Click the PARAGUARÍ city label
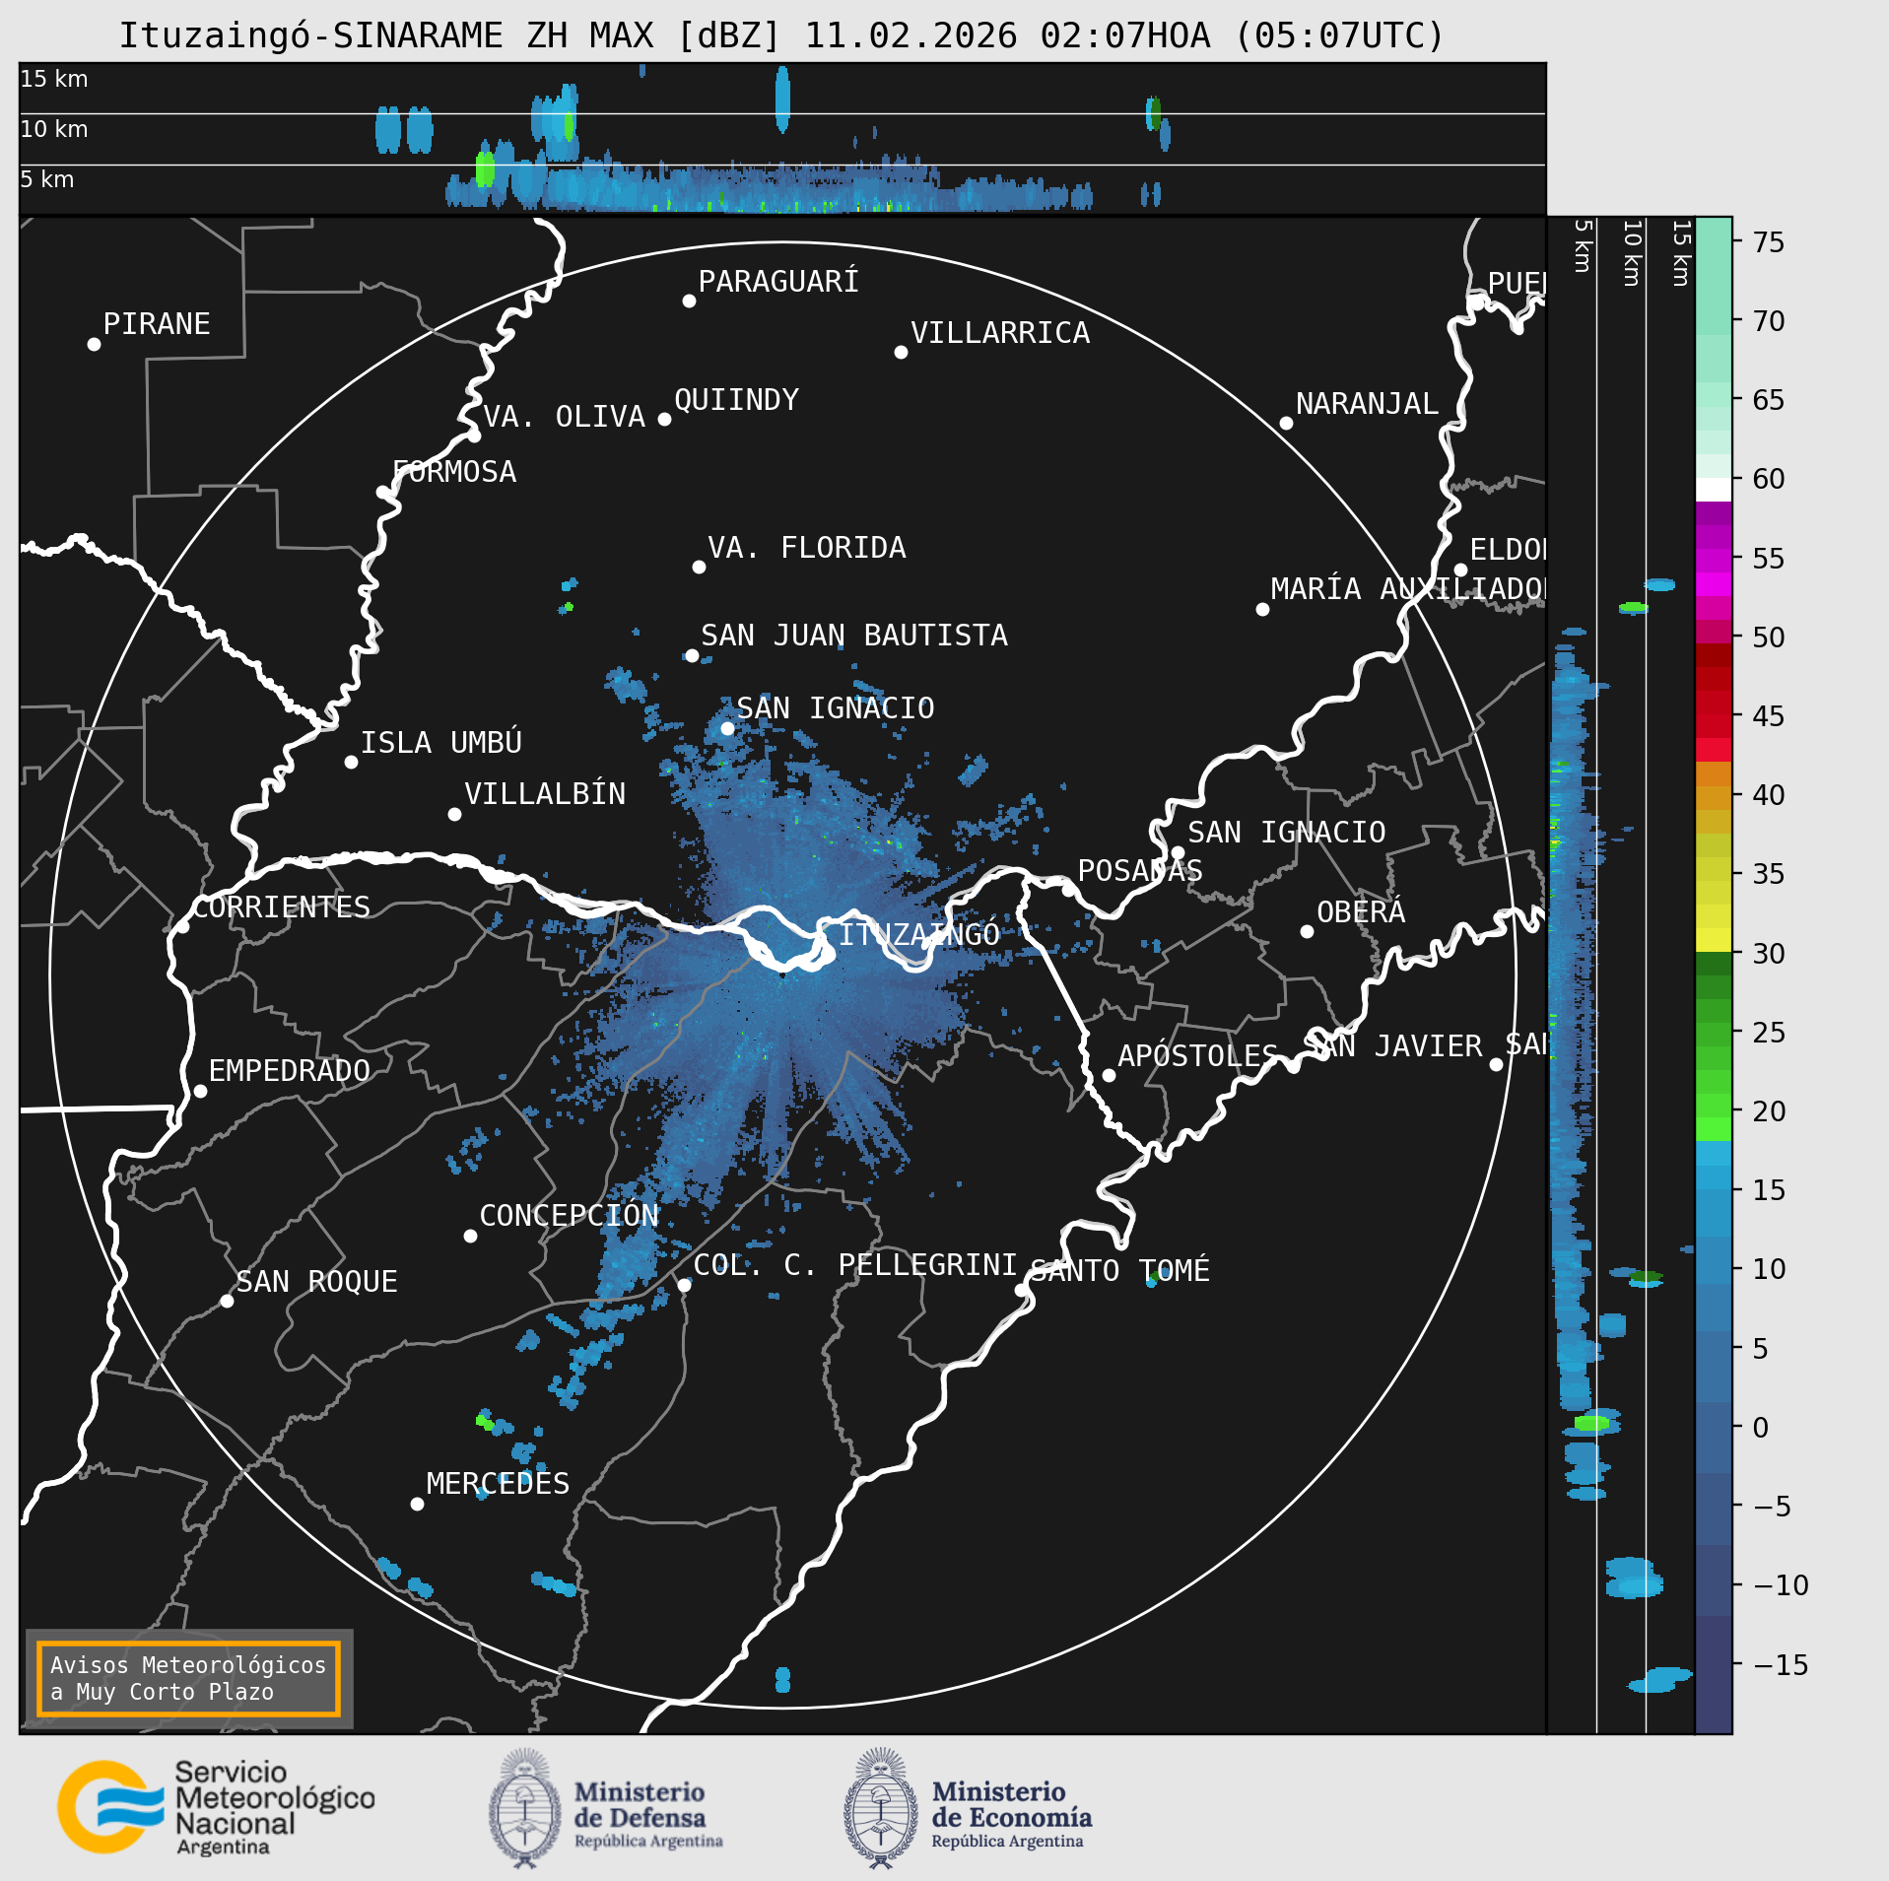777,282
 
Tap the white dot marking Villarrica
901,352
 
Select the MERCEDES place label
498,1483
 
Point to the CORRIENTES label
281,907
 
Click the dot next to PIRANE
94,344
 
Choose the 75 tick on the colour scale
1768,242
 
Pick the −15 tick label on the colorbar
1780,1665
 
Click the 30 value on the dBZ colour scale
1768,954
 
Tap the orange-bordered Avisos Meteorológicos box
188,1678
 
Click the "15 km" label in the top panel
54,79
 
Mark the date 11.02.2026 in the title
911,36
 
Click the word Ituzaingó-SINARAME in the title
310,36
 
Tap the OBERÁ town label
1361,912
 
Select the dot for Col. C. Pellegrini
684,1285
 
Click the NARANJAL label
1366,404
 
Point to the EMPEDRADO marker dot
200,1091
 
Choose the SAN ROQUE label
316,1282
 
